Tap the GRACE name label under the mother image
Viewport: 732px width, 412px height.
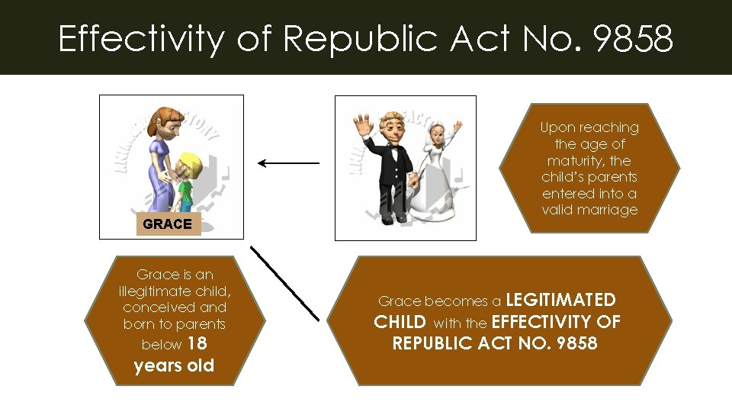[x=167, y=224]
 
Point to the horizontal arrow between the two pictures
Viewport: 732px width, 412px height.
[x=288, y=163]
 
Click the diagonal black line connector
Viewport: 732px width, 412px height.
[x=284, y=282]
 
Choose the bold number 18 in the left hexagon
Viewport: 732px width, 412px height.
[x=197, y=344]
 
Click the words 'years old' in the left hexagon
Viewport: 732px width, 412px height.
[x=174, y=365]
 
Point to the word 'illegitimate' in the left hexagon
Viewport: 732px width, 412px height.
[x=175, y=291]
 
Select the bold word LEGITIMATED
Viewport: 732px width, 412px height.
[x=560, y=300]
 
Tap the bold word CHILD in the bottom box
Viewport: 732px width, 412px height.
[x=400, y=322]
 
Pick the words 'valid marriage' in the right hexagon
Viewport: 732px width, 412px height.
[x=589, y=210]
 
